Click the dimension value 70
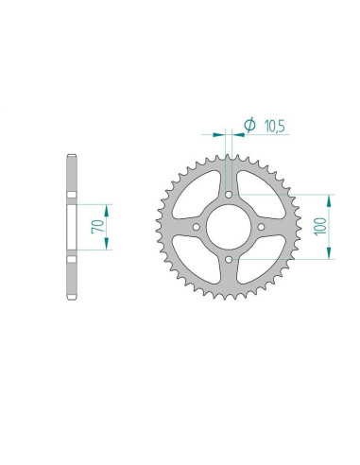pos(97,227)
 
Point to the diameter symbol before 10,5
pos(250,124)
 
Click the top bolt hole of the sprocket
pos(228,196)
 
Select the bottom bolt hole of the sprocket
pos(228,259)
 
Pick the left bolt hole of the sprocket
pos(196,227)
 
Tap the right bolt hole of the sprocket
pos(260,227)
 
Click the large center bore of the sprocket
pos(228,227)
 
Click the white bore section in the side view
pos(72,227)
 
